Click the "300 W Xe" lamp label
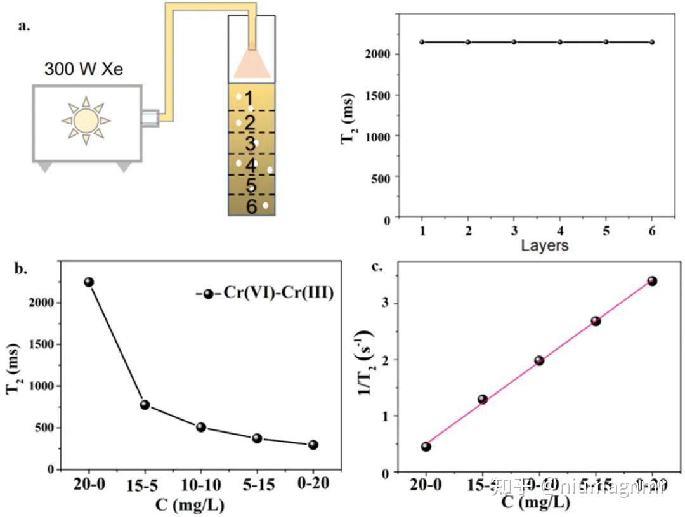coord(84,69)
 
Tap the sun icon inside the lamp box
coord(86,120)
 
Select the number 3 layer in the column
coord(251,143)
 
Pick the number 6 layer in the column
coord(251,206)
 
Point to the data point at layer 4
coord(560,42)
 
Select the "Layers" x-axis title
coord(544,245)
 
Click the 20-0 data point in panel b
coord(89,282)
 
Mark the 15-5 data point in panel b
coord(145,405)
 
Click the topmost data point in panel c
coord(652,281)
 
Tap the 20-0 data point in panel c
coord(426,447)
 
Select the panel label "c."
coord(377,266)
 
